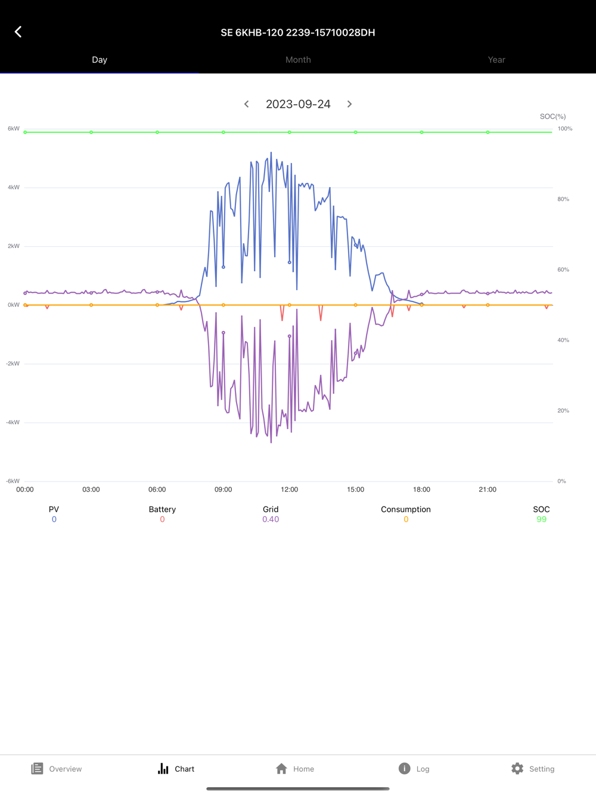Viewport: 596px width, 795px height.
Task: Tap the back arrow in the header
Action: click(18, 32)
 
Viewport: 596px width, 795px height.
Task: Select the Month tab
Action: click(298, 60)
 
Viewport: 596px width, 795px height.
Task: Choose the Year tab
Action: click(496, 60)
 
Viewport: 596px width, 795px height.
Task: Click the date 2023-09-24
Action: click(298, 104)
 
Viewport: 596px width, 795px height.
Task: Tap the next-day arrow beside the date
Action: click(350, 104)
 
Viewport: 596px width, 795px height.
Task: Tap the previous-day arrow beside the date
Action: click(246, 104)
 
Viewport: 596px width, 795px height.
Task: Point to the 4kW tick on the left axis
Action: click(14, 187)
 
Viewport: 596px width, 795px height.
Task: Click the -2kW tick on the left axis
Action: click(13, 364)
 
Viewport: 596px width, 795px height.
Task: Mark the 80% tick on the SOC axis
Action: click(563, 199)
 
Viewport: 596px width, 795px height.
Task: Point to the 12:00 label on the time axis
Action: click(289, 489)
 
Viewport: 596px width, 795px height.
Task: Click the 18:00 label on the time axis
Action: click(421, 489)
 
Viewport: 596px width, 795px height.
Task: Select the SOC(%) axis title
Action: click(552, 116)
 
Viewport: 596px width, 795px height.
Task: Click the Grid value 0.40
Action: click(271, 520)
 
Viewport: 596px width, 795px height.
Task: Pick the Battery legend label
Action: click(162, 509)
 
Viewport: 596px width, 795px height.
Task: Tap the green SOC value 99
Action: click(541, 520)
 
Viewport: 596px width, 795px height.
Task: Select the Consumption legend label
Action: click(405, 509)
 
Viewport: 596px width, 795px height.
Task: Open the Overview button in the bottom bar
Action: click(57, 769)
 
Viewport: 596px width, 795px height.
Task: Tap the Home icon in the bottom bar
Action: click(282, 769)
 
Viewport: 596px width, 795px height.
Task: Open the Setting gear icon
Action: click(517, 769)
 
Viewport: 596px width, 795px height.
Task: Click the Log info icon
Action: click(404, 769)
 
